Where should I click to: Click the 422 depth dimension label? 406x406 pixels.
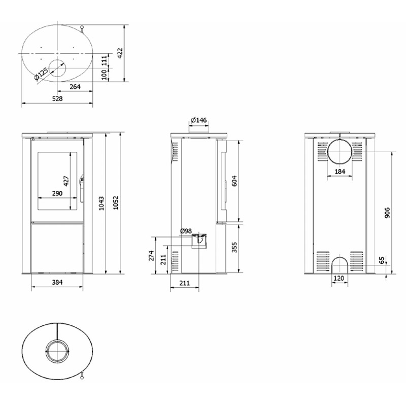pyautogui.click(x=120, y=53)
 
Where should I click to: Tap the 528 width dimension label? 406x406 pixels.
pyautogui.click(x=57, y=98)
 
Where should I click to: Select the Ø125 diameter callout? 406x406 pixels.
pyautogui.click(x=41, y=74)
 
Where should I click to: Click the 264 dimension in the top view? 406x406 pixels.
pyautogui.click(x=75, y=87)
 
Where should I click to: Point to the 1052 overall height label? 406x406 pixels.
pyautogui.click(x=116, y=202)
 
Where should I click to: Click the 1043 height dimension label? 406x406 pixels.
pyautogui.click(x=101, y=204)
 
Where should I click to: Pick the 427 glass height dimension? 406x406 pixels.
pyautogui.click(x=66, y=181)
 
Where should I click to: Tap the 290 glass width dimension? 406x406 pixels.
pyautogui.click(x=57, y=193)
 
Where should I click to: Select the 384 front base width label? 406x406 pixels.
pyautogui.click(x=57, y=282)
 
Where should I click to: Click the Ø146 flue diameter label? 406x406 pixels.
pyautogui.click(x=199, y=120)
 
